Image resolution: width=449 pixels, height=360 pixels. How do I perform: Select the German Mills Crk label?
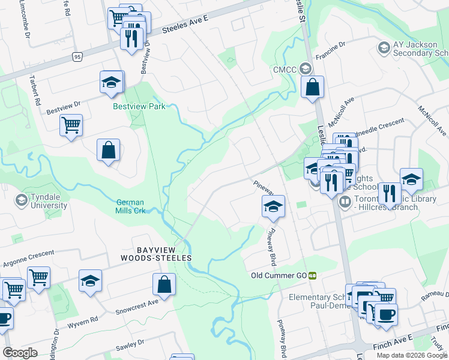131,206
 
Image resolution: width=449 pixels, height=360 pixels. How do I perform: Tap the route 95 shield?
76,56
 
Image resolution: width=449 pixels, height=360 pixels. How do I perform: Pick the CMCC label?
282,69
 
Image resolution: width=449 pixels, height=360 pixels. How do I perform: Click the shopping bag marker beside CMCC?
313,88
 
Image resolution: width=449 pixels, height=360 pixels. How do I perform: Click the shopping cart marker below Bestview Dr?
71,125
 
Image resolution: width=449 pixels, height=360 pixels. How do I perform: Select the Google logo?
20,352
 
